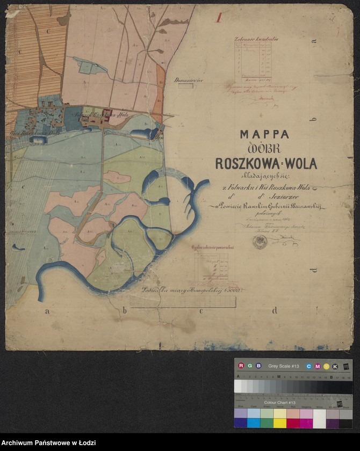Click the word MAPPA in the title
264,134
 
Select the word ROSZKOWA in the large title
246,163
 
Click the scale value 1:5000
234,290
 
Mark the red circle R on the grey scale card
241,366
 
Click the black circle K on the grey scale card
335,366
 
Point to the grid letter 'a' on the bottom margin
47,311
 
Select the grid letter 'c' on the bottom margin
201,310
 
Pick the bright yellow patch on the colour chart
280,423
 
